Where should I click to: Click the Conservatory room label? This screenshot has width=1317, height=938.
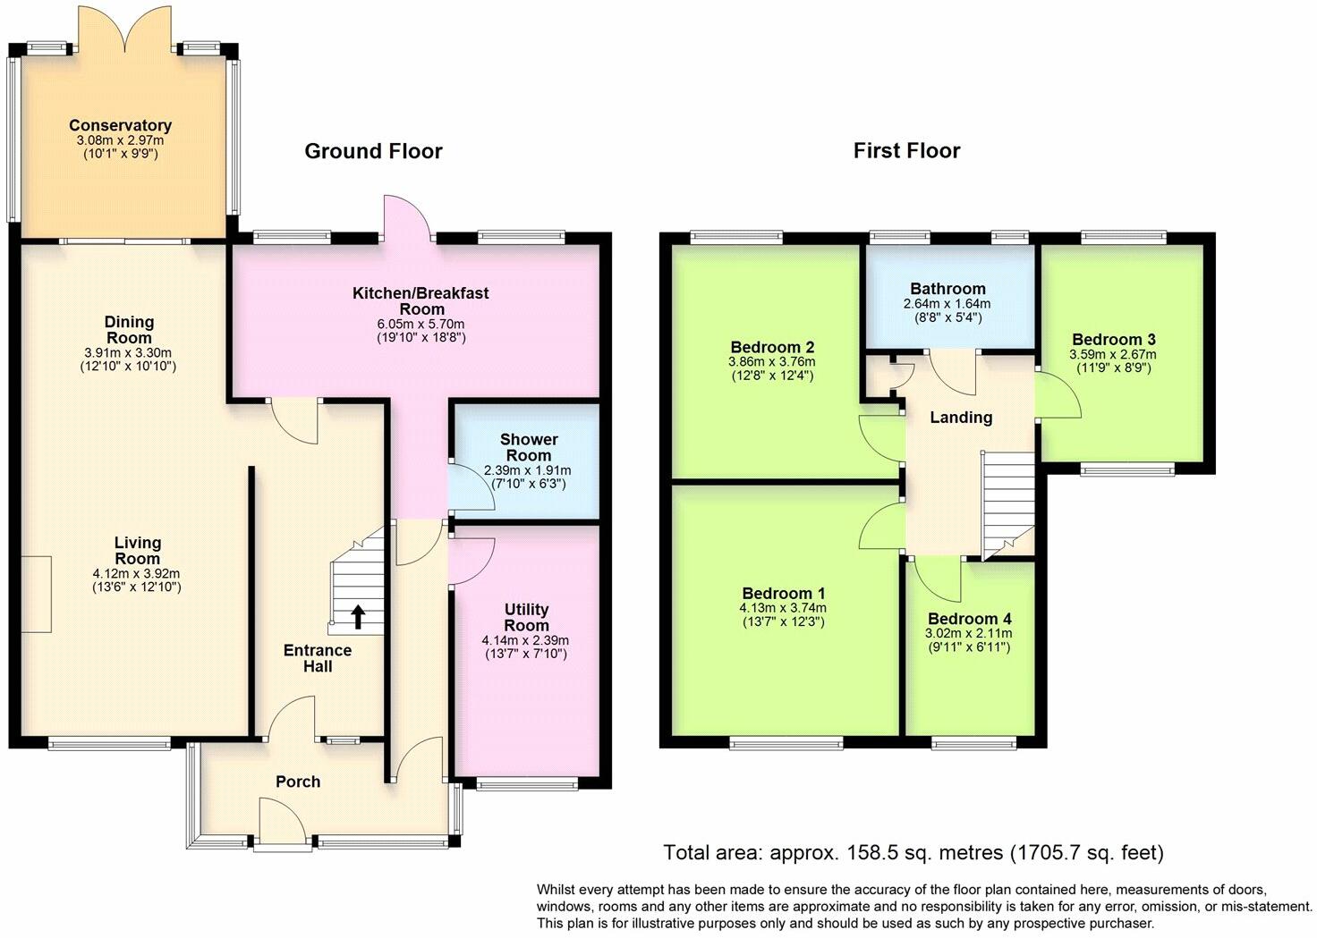pyautogui.click(x=120, y=125)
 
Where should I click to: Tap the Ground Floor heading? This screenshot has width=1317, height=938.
pyautogui.click(x=373, y=151)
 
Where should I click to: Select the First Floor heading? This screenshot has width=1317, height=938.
pyautogui.click(x=906, y=150)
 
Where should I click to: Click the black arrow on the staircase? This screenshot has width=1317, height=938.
pyautogui.click(x=358, y=617)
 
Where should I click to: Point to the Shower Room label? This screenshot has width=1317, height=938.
pyautogui.click(x=529, y=447)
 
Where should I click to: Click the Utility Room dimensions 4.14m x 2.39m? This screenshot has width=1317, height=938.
pyautogui.click(x=525, y=640)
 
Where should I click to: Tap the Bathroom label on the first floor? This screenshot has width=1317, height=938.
pyautogui.click(x=947, y=289)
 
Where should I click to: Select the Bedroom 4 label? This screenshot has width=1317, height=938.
pyautogui.click(x=970, y=619)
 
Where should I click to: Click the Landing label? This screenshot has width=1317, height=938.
pyautogui.click(x=961, y=418)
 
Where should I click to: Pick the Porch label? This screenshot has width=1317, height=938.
pyautogui.click(x=298, y=782)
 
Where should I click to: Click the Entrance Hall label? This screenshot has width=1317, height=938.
pyautogui.click(x=318, y=658)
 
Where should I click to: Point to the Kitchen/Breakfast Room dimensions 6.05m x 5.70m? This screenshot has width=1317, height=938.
pyautogui.click(x=421, y=324)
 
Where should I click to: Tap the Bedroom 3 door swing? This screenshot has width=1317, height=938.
pyautogui.click(x=1058, y=395)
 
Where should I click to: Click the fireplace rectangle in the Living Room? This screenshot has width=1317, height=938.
pyautogui.click(x=37, y=594)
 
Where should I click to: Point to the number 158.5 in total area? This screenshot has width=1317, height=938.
pyautogui.click(x=863, y=852)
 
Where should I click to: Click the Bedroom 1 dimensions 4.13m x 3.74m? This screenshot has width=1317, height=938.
pyautogui.click(x=783, y=608)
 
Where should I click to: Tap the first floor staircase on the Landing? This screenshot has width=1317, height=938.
pyautogui.click(x=1007, y=504)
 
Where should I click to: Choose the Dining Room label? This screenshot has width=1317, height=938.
pyautogui.click(x=129, y=330)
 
